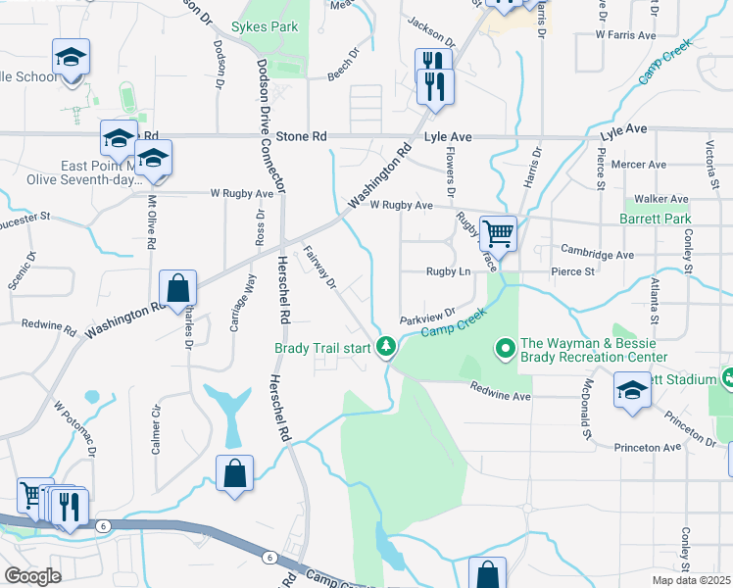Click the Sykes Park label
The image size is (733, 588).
pyautogui.click(x=265, y=27)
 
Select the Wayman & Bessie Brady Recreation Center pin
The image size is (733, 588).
pyautogui.click(x=506, y=348)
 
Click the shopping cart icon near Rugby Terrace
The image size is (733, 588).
pyautogui.click(x=499, y=233)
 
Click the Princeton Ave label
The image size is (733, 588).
pyautogui.click(x=647, y=447)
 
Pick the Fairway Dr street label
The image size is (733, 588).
pyautogui.click(x=319, y=268)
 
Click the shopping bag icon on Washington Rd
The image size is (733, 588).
pyautogui.click(x=178, y=288)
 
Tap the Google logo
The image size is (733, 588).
pyautogui.click(x=32, y=575)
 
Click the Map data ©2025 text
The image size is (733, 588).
pyautogui.click(x=691, y=580)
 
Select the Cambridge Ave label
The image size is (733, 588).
pyautogui.click(x=597, y=254)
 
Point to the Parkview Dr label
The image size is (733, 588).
pyautogui.click(x=428, y=318)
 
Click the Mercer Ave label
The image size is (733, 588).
pyautogui.click(x=637, y=165)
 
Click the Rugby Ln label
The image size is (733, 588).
pyautogui.click(x=449, y=271)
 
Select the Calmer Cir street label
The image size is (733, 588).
pyautogui.click(x=156, y=430)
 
